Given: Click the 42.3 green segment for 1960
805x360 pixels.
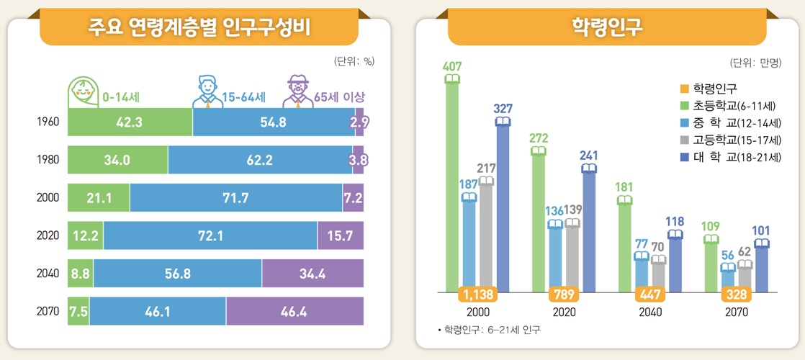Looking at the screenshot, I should (x=130, y=122).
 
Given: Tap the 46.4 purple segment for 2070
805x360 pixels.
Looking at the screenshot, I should (x=294, y=311).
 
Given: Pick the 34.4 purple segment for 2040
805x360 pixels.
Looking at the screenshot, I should (x=312, y=274).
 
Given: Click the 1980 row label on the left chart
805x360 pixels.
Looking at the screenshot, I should (x=48, y=161).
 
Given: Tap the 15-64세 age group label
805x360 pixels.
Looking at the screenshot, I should (x=244, y=96).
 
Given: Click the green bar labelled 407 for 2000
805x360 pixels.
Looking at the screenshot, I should (x=452, y=187).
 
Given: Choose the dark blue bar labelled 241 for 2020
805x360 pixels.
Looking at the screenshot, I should (x=589, y=230).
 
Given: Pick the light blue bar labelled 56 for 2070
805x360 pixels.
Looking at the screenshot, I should (x=728, y=279).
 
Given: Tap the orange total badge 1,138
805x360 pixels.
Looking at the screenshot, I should (x=477, y=294).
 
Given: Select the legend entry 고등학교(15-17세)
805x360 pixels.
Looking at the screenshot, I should (x=730, y=140).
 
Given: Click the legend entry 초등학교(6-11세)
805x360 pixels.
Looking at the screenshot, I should (x=730, y=105).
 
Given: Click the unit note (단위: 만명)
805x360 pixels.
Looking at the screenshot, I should (x=755, y=62).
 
